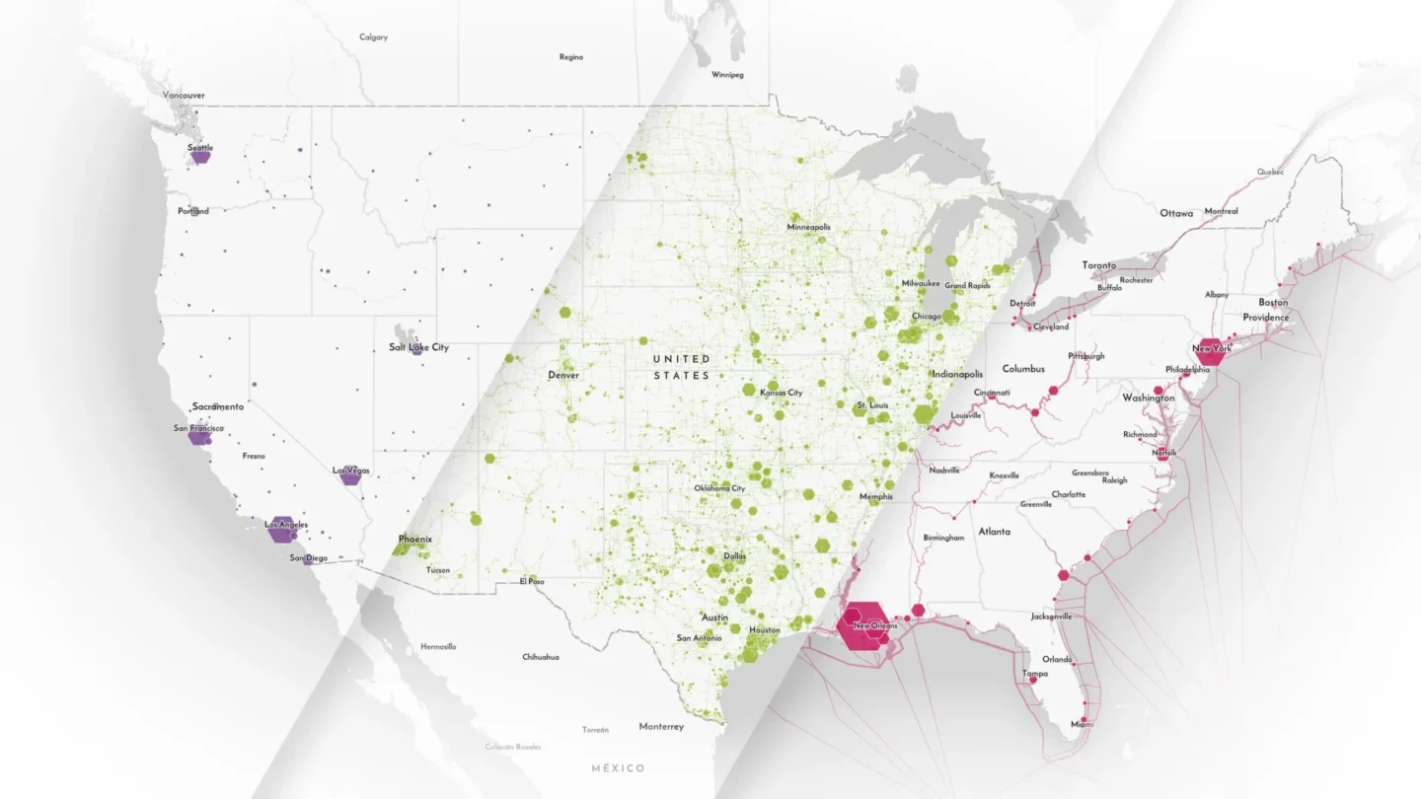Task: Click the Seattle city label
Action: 200,148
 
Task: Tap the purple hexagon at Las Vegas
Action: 350,476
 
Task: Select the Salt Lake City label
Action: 418,347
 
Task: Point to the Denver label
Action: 563,375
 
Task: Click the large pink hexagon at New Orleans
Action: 862,623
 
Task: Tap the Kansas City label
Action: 781,393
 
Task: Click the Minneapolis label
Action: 808,227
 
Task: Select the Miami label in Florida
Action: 1083,724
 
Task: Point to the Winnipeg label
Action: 726,75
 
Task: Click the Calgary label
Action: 373,37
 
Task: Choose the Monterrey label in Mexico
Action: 660,727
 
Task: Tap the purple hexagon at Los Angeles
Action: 283,529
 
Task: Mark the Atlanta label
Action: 994,532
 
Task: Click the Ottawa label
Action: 1176,213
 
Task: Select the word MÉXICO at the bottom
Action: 618,768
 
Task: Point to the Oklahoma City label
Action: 719,488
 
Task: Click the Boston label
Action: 1273,302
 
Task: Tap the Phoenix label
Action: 414,540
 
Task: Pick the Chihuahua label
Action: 541,657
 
